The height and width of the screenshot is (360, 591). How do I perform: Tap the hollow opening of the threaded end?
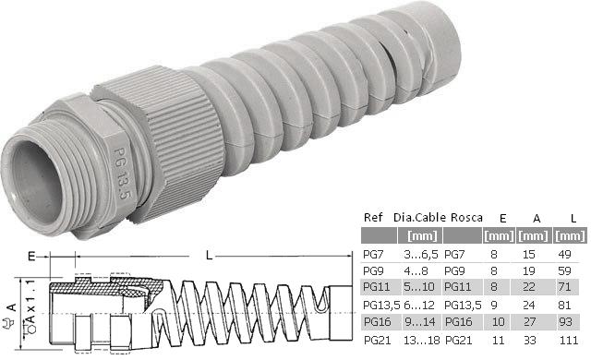tap(36, 183)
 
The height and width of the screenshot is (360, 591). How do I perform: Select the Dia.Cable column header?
tap(419, 217)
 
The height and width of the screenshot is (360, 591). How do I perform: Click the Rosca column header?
tap(466, 217)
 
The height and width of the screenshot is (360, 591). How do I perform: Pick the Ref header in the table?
tap(373, 217)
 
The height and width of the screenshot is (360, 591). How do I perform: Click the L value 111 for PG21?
tap(568, 341)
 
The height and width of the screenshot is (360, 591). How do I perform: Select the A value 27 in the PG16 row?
tap(529, 322)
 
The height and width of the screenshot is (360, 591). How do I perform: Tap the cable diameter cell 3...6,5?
tap(421, 255)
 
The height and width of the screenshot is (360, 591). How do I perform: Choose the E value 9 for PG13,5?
tap(494, 305)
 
